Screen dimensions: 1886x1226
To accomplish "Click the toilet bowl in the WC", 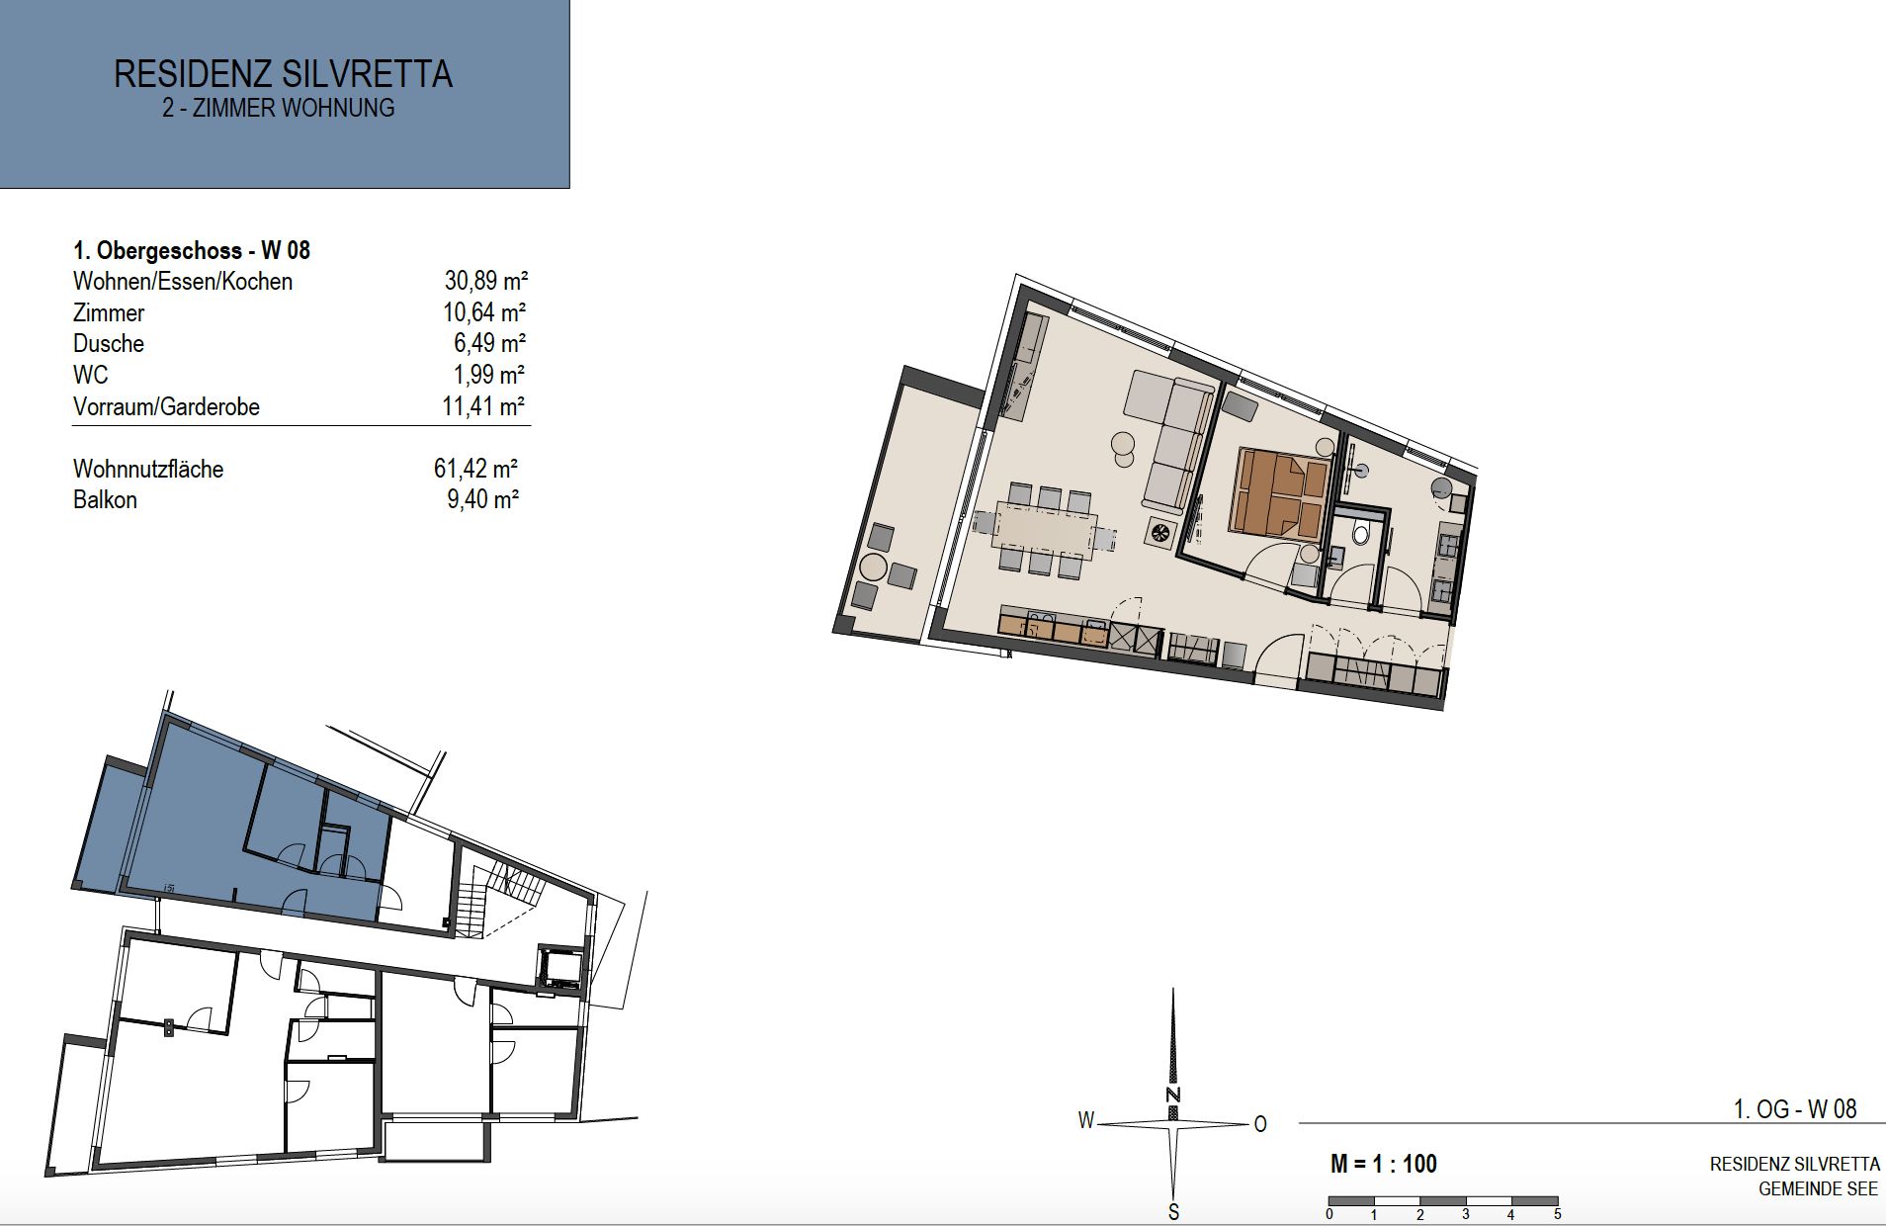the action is (x=1359, y=535).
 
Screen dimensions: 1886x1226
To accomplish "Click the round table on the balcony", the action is (x=875, y=568).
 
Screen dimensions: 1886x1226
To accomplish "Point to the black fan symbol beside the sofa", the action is (x=1158, y=533).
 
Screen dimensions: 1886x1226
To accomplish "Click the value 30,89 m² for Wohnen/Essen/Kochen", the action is (x=485, y=281).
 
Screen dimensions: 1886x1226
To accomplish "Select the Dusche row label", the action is (x=109, y=344).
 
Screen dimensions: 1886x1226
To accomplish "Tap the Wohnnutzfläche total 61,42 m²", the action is (x=476, y=469).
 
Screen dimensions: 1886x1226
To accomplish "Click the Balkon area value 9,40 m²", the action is (x=483, y=499).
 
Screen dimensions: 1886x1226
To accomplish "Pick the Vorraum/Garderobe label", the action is (x=166, y=406).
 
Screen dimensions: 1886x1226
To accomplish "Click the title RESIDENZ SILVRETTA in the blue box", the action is (x=284, y=74).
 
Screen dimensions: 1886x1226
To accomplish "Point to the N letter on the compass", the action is (x=1173, y=1095).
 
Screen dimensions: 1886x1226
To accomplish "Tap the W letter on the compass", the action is (x=1086, y=1120).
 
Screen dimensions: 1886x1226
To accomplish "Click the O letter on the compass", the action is (x=1260, y=1124).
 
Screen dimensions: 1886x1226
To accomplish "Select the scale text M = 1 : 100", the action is (x=1384, y=1164).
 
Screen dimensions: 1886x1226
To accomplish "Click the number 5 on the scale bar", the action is (x=1557, y=1214).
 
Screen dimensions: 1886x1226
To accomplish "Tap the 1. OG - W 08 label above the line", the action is (x=1795, y=1109).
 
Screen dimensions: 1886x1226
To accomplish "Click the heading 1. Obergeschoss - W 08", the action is (x=192, y=250).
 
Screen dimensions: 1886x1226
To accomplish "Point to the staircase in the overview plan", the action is (x=499, y=898).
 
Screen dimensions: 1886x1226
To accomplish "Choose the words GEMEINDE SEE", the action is (x=1818, y=1189).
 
